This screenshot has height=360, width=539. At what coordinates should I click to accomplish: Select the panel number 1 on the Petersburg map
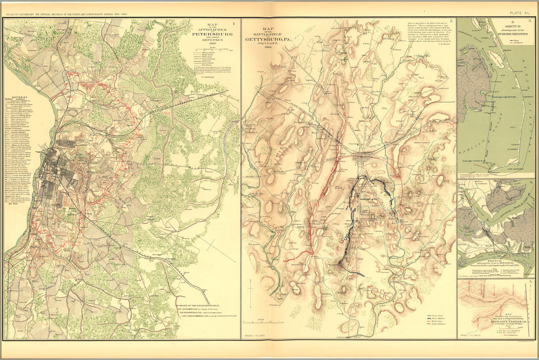[x=234, y=23]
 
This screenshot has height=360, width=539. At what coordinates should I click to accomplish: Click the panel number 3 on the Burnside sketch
[x=530, y=21]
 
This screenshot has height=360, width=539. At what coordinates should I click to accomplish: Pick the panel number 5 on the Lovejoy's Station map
[x=530, y=283]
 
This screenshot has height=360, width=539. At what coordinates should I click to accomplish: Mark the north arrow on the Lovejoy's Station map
[x=524, y=309]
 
